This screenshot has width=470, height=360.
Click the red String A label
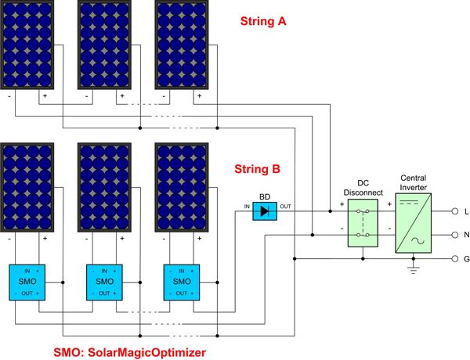click(263, 23)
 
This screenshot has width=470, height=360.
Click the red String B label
click(262, 168)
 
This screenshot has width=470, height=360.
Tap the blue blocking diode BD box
click(264, 211)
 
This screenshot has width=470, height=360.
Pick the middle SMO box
click(103, 281)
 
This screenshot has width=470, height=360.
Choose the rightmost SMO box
click(181, 281)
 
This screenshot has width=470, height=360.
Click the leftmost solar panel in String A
click(27, 46)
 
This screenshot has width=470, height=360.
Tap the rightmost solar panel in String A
click(182, 46)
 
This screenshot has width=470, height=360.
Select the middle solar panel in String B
click(104, 188)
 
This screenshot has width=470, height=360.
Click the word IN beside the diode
click(248, 207)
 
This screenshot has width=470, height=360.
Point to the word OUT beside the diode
click(285, 207)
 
